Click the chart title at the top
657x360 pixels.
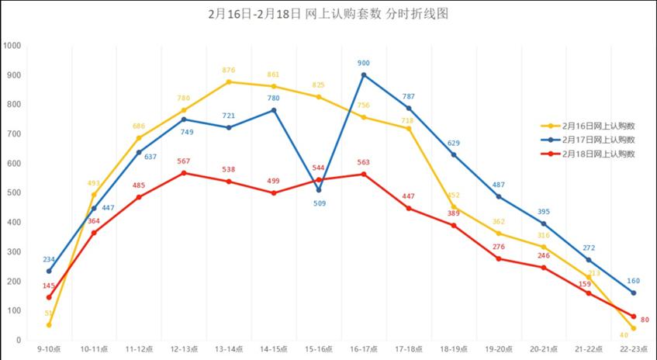coord(329,14)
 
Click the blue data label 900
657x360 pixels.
coord(364,63)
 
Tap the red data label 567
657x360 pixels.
coord(184,161)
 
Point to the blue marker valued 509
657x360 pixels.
coord(319,189)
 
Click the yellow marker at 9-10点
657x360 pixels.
coord(49,324)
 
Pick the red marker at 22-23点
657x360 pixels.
coord(634,317)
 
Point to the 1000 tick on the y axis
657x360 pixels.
coord(12,45)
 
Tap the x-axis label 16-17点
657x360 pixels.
coord(364,350)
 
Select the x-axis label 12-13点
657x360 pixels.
coord(184,350)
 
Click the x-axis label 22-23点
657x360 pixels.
coord(634,350)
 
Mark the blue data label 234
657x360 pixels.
coord(49,259)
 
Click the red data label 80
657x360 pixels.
coord(645,320)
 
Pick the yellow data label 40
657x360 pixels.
coord(624,335)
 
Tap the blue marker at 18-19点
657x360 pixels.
coord(454,154)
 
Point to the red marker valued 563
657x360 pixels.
coord(364,174)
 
